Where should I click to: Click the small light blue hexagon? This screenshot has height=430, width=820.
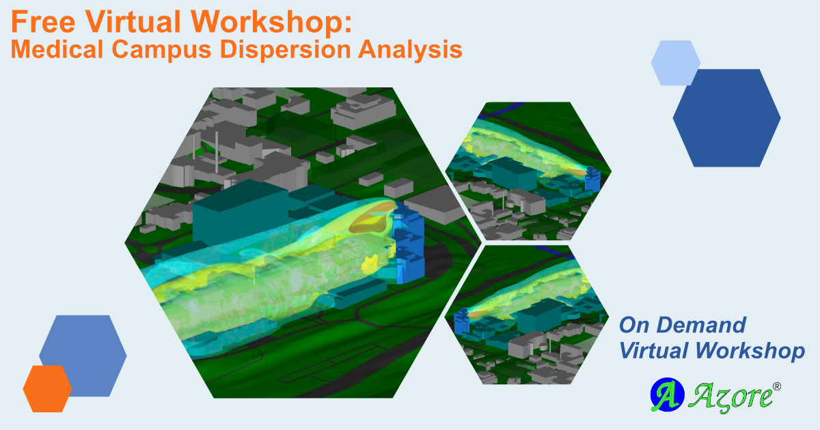675,63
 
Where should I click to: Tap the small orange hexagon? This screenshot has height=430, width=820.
47,388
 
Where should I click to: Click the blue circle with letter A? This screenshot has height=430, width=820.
663,395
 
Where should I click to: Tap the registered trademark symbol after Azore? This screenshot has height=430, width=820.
776,386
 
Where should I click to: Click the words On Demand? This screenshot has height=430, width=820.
682,325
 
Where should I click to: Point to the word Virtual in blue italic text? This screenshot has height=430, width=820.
656,351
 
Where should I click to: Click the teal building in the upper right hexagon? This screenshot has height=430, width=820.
512,175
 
